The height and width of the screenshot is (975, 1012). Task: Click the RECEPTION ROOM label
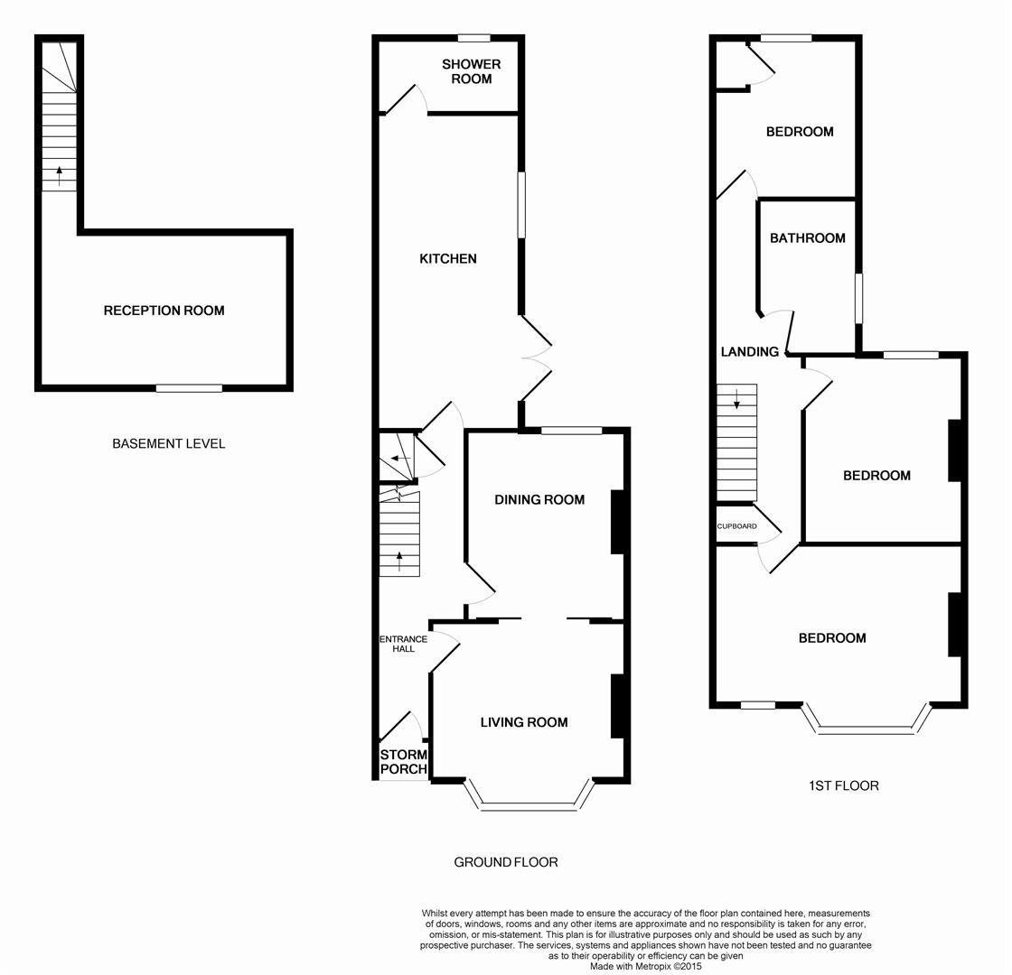(x=164, y=311)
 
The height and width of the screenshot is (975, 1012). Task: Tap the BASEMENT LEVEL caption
(x=168, y=443)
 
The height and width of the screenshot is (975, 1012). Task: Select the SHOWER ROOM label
(x=471, y=71)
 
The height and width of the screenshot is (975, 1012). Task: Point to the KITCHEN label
(x=447, y=259)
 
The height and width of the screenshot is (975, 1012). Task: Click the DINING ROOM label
(x=539, y=500)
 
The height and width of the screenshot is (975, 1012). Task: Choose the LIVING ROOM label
(x=524, y=722)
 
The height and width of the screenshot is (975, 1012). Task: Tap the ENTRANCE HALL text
(x=403, y=644)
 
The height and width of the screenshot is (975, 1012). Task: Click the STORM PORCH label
(x=403, y=762)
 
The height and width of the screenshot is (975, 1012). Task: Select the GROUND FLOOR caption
(x=505, y=862)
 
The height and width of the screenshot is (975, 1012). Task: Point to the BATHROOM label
(x=808, y=238)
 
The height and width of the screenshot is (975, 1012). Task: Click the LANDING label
(x=749, y=352)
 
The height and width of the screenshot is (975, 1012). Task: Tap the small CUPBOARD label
(x=736, y=525)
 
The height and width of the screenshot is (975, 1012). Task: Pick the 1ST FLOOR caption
(x=843, y=785)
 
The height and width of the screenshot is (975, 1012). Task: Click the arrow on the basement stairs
(x=60, y=175)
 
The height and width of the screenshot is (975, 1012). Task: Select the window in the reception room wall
(x=189, y=388)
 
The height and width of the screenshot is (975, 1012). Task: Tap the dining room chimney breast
(x=619, y=521)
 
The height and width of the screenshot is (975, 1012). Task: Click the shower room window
(x=473, y=38)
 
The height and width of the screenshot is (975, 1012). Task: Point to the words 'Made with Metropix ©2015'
(x=645, y=966)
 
